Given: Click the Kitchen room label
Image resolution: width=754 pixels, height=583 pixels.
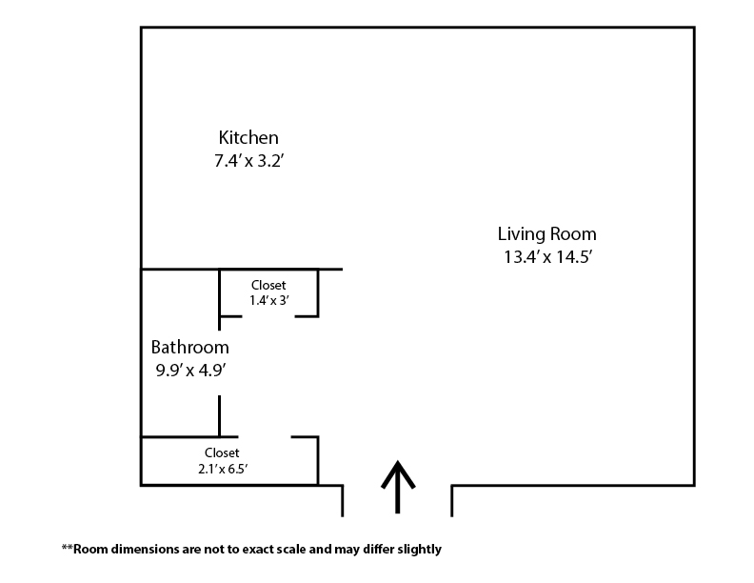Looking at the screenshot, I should pos(248,137).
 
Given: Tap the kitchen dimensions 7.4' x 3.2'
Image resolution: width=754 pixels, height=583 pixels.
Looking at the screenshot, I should pos(250,161).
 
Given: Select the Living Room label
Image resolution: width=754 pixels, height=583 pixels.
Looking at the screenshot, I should pos(546,233).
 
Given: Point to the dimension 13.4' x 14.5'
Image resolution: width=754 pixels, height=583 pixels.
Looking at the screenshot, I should pos(547,256).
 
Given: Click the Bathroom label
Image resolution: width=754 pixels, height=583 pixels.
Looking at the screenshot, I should pos(190,348).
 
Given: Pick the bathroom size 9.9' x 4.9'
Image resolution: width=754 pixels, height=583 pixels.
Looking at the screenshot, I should pos(190,371).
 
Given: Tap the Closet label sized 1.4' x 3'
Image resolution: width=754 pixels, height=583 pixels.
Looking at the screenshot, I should pos(268,285).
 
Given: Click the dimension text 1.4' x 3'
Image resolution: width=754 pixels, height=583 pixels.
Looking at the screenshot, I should pos(268,300).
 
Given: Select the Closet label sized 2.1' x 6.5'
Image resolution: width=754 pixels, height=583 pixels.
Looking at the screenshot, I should pos(222,452).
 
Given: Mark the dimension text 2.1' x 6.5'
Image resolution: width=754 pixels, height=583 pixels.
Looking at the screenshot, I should pos(222,468).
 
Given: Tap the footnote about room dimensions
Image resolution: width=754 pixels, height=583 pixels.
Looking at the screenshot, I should pos(251,550).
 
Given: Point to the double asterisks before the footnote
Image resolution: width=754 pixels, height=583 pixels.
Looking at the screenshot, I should pos(67,548).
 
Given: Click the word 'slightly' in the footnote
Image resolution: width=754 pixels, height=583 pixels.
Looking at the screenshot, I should pos(420,550).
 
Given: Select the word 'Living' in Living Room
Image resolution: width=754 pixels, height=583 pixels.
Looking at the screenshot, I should pos(522,233).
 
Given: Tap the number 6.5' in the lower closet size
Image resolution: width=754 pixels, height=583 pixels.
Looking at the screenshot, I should pos(240,468).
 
